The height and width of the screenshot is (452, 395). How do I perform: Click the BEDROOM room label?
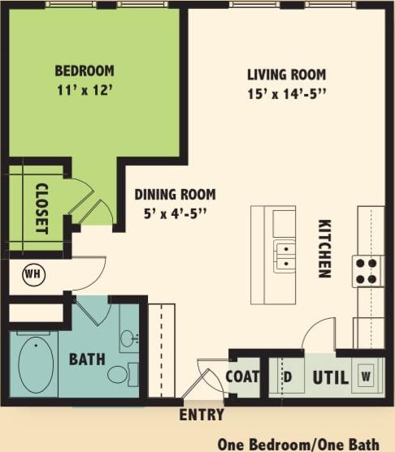coord(85,71)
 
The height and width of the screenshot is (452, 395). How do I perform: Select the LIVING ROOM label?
coord(287,75)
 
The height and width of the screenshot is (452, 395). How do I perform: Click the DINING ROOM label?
coord(175,195)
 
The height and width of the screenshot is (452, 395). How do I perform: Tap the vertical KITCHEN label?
coord(324,248)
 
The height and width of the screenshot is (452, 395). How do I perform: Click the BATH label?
coord(86,359)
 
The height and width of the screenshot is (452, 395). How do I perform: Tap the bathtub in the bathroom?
coord(36,364)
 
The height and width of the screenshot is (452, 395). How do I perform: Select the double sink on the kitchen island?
coord(284,256)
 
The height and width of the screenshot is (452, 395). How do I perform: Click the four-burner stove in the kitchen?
coord(368,270)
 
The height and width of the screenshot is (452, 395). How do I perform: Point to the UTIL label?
coord(330,377)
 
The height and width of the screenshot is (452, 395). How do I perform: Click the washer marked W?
coord(367,377)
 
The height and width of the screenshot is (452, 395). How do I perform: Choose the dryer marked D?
coord(287,377)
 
